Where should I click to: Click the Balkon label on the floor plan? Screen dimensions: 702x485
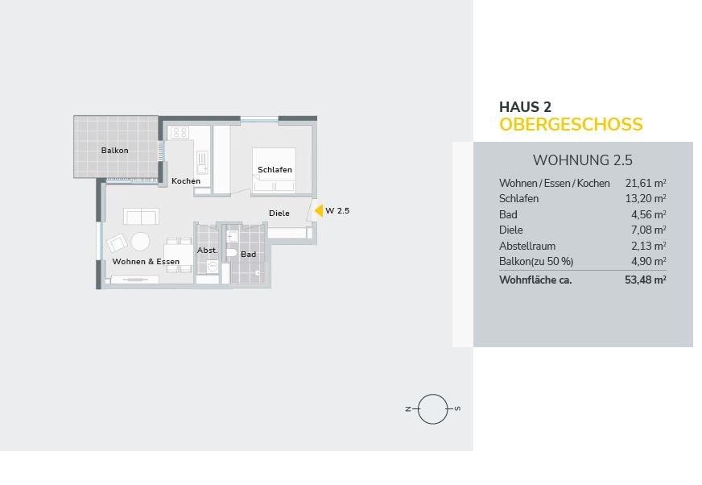tap(114, 151)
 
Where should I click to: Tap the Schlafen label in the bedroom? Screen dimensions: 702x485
tap(275, 170)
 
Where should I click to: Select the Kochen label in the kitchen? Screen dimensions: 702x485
tap(186, 181)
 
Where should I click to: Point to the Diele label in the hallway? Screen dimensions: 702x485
tap(279, 213)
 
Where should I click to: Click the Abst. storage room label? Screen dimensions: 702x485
tap(207, 251)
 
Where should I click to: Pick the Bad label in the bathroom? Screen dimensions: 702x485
tap(249, 255)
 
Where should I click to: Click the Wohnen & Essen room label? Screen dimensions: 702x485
tap(146, 262)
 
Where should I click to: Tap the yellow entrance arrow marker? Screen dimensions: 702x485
tap(319, 210)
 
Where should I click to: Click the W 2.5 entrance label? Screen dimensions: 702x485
tap(337, 210)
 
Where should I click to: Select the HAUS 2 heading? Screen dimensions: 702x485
tap(525, 107)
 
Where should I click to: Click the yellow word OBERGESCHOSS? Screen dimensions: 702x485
tap(571, 125)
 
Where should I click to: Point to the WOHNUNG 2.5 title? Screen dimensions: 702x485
tap(583, 160)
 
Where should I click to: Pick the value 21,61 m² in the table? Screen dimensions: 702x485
tap(646, 183)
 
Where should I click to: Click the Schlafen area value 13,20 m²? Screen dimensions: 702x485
tap(646, 198)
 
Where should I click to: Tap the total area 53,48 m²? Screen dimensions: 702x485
tap(646, 280)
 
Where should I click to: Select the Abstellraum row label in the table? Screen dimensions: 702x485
tap(527, 246)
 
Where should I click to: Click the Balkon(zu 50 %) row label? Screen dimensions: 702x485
tap(536, 261)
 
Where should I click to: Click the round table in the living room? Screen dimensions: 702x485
tap(141, 242)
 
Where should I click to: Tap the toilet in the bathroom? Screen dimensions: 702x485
tap(231, 253)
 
